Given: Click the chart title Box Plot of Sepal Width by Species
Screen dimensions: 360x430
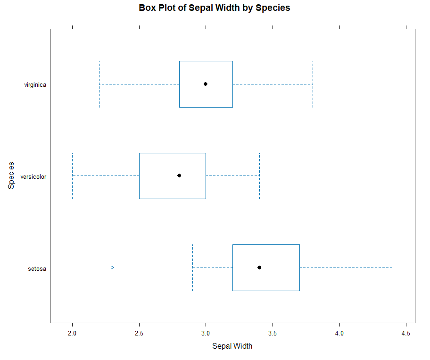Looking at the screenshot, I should tap(215, 8).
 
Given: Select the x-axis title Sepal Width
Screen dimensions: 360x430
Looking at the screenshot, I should tap(232, 346).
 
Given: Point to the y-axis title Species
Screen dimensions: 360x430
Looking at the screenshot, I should tap(11, 176).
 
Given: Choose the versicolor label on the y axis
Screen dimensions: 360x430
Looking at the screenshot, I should tap(33, 177).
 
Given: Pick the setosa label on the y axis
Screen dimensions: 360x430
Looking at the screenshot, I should tap(37, 269).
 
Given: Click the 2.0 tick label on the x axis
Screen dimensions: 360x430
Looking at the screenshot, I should tap(72, 334).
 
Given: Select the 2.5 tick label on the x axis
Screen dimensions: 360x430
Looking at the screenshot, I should tap(139, 334).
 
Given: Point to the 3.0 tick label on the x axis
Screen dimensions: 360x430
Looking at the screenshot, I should tap(206, 334).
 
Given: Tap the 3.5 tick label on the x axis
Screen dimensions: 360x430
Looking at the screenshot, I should tap(273, 334).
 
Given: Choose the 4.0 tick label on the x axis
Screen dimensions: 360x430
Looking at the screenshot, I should tap(339, 334).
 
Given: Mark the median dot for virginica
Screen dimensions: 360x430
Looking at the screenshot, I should tap(206, 84).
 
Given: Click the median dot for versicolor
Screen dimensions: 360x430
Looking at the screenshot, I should tap(179, 176).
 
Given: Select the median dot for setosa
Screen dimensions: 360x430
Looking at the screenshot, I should tap(259, 268).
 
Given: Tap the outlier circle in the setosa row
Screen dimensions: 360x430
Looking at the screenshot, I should tap(112, 268).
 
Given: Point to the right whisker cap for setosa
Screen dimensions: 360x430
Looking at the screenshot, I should tap(393, 268).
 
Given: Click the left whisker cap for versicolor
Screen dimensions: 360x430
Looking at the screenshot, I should tap(72, 176).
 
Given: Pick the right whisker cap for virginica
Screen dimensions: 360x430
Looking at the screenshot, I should tap(313, 84).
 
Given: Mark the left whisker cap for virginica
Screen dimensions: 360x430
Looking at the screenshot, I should tap(99, 84).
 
